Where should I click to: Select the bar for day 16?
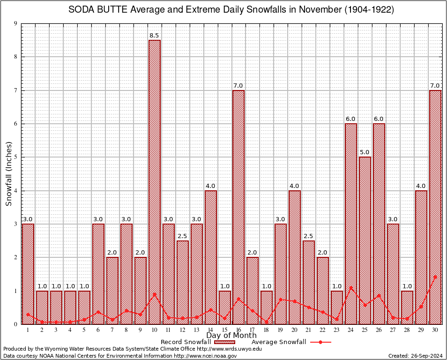click(238, 207)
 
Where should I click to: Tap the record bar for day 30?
click(435, 207)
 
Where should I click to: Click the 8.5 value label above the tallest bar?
click(155, 35)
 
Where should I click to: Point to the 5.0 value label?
click(365, 152)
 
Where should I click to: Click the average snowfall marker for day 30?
click(435, 277)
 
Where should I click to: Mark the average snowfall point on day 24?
click(351, 287)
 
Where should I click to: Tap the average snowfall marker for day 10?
click(155, 294)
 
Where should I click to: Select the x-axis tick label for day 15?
click(224, 330)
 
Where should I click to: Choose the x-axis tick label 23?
click(337, 330)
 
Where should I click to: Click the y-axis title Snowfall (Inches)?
click(8, 173)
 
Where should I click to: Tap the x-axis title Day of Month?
click(231, 336)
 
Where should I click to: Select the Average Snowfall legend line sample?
click(320, 342)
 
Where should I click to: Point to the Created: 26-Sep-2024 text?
click(415, 356)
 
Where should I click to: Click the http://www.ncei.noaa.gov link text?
click(205, 356)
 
